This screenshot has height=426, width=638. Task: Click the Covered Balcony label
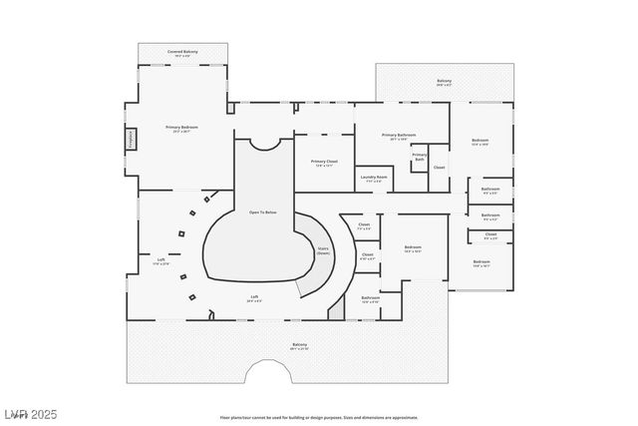point(181,52)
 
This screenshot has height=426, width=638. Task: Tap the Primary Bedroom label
point(181,129)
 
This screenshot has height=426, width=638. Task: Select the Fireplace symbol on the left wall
point(130,139)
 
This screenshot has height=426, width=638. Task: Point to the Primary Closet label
point(324,163)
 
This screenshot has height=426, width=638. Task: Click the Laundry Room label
point(374,178)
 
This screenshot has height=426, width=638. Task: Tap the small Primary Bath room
point(420,157)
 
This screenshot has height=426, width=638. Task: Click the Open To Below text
point(263,212)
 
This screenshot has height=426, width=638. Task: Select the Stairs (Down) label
point(323,250)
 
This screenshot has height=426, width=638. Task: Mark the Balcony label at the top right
point(445,82)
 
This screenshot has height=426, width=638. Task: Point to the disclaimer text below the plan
point(319,418)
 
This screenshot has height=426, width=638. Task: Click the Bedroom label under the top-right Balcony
point(479,142)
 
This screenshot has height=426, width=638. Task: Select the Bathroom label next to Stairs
point(371,297)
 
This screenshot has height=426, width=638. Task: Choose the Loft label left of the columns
point(160,260)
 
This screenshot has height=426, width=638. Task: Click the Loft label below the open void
point(255,297)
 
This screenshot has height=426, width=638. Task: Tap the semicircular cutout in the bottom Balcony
point(266,374)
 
